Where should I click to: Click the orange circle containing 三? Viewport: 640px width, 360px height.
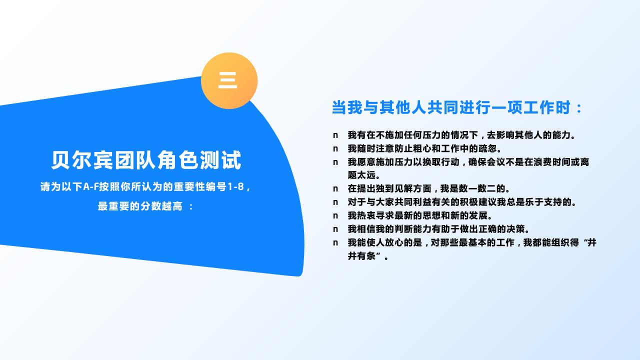229,80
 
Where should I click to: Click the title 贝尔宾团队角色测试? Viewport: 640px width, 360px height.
146,160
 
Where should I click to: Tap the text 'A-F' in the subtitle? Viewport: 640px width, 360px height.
90,187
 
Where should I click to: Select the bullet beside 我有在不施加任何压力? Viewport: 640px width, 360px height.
335,135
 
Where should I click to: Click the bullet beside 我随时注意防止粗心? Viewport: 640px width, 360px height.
335,148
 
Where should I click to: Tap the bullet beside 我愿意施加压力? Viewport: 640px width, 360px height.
335,162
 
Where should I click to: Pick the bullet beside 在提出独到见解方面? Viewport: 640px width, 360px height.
335,189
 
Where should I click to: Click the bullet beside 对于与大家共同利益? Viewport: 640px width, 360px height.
335,202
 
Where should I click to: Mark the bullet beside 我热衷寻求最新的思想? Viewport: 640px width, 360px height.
335,216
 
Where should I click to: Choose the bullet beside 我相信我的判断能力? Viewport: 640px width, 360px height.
335,229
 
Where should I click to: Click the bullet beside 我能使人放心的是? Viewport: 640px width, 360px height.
335,243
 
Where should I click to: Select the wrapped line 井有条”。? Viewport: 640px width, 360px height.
368,256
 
